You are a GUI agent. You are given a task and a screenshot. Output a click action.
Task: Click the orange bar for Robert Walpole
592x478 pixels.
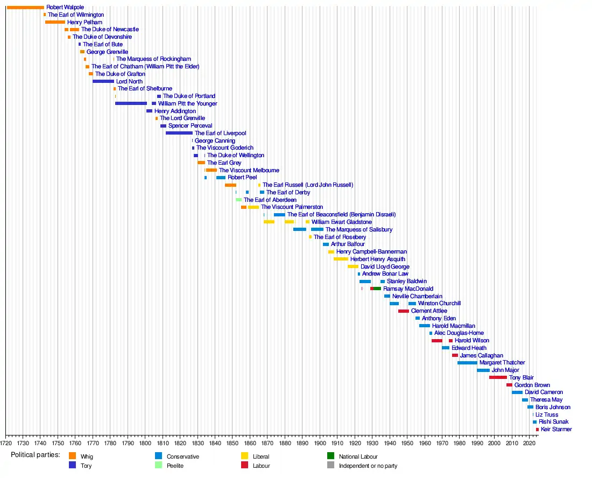pyautogui.click(x=25, y=8)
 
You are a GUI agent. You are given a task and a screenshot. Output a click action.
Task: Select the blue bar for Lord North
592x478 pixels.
pyautogui.click(x=103, y=82)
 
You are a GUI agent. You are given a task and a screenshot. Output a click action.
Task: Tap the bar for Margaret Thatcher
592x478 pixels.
pyautogui.click(x=467, y=363)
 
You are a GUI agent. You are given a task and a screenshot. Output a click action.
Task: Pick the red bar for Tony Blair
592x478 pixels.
pyautogui.click(x=498, y=377)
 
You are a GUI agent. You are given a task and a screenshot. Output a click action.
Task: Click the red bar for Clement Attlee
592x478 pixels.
pyautogui.click(x=404, y=311)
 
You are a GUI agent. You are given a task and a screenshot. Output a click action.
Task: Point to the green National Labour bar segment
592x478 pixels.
pyautogui.click(x=377, y=289)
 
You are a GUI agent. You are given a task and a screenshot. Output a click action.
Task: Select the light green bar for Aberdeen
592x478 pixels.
pyautogui.click(x=238, y=200)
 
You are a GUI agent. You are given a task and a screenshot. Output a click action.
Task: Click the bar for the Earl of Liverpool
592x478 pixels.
pyautogui.click(x=179, y=133)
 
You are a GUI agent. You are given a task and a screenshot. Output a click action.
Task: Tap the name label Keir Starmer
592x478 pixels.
pyautogui.click(x=556, y=430)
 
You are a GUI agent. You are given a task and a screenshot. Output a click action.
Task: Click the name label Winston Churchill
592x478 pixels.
pyautogui.click(x=439, y=303)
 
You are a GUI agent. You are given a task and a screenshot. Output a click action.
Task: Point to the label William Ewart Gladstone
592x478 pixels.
pyautogui.click(x=341, y=222)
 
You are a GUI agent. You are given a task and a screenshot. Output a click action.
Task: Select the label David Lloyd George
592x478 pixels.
pyautogui.click(x=385, y=266)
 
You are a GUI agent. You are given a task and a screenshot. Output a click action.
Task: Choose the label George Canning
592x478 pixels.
pyautogui.click(x=215, y=141)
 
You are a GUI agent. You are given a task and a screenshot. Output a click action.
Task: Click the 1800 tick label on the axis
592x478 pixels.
pyautogui.click(x=145, y=443)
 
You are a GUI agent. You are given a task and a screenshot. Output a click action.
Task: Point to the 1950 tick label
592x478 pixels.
pyautogui.click(x=407, y=443)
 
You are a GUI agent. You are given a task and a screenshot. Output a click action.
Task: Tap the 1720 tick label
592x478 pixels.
pyautogui.click(x=6, y=443)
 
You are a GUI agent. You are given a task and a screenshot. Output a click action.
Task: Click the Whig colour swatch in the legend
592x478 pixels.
pyautogui.click(x=73, y=456)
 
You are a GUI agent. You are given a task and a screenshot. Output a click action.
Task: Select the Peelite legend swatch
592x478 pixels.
pyautogui.click(x=159, y=465)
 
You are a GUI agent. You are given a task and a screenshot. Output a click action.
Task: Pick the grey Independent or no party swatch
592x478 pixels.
pyautogui.click(x=331, y=465)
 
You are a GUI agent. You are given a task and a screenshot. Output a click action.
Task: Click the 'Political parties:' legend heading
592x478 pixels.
pyautogui.click(x=36, y=455)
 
